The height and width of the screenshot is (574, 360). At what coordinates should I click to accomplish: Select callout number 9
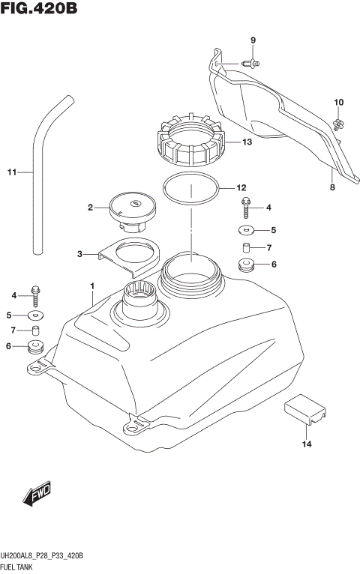(x=253, y=40)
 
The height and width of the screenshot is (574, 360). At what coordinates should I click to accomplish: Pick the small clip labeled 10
(x=338, y=121)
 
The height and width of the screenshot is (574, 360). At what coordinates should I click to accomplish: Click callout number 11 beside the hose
(x=11, y=173)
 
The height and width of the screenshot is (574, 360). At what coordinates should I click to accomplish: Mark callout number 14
(x=306, y=444)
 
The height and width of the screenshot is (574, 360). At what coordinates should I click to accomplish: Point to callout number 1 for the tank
(x=91, y=286)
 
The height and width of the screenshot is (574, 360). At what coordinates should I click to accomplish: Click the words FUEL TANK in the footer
(x=20, y=566)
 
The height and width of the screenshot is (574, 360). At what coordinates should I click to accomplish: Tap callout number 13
(x=247, y=142)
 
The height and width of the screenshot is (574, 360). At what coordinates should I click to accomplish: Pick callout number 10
(x=338, y=102)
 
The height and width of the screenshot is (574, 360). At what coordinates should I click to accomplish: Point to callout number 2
(x=90, y=208)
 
